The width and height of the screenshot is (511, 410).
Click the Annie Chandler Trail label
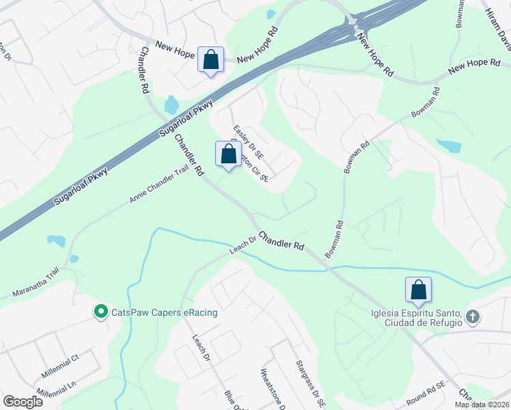coord(158,187)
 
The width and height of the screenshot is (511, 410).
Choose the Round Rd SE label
coord(425,385)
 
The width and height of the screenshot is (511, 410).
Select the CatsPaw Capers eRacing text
coord(165,313)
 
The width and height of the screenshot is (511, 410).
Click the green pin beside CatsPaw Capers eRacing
coord(101,312)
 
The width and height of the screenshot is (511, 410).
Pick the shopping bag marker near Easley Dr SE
coord(228,154)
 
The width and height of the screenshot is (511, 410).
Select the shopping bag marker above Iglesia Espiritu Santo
coord(418,290)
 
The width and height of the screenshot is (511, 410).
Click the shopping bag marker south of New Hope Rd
coord(210,59)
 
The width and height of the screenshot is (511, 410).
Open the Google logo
coord(23,402)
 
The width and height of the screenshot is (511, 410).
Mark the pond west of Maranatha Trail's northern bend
coord(56,241)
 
